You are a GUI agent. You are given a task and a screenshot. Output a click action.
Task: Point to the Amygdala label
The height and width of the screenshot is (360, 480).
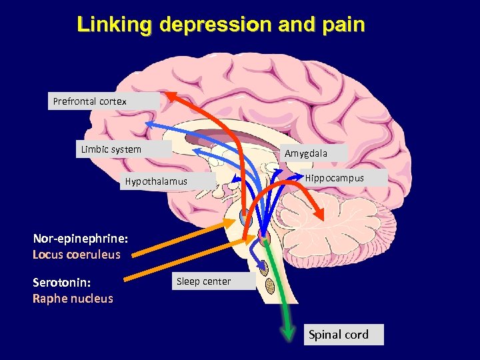pos(306,153)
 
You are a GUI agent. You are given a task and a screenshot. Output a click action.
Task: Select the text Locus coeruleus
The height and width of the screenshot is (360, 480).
pos(77,254)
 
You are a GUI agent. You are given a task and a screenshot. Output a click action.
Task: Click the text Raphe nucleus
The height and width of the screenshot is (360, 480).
pos(73,298)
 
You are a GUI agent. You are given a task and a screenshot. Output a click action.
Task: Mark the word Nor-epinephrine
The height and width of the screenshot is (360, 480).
pos(80,238)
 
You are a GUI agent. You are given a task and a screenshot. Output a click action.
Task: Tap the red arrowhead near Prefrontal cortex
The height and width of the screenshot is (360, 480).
pos(173,95)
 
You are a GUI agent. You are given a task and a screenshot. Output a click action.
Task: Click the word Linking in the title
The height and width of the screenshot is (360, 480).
pos(115,25)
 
